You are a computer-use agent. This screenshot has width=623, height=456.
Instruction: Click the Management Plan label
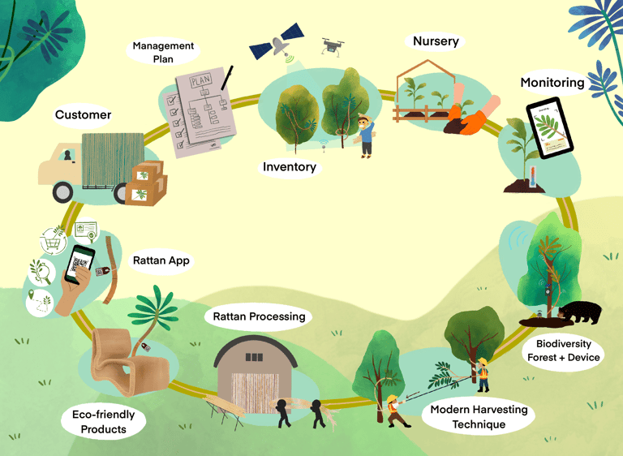pos(163,53)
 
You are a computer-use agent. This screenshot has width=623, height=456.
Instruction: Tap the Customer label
pos(83,115)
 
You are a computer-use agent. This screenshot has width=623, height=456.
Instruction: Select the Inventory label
pos(289,167)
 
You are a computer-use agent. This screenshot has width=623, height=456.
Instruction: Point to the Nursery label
pos(436,41)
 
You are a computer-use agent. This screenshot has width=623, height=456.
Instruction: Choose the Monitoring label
pos(552,83)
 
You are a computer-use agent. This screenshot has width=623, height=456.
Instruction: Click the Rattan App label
pos(161,260)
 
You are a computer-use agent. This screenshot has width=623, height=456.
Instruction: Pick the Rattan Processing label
pos(259,316)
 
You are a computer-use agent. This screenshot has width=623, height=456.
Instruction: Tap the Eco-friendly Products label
pos(104,422)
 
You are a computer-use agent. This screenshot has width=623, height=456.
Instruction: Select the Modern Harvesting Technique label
pos(479,416)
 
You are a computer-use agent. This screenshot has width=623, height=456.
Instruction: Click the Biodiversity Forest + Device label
pos(564,351)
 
